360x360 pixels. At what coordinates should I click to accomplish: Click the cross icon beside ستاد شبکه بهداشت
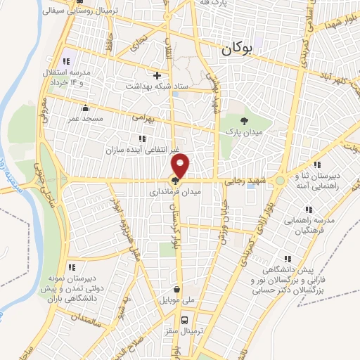[157, 75]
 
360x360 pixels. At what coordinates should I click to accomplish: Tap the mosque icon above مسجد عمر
[86, 108]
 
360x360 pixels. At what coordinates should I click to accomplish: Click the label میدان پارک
[243, 131]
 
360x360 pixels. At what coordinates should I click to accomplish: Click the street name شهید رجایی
[243, 181]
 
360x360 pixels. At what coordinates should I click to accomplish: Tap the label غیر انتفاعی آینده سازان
[143, 145]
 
